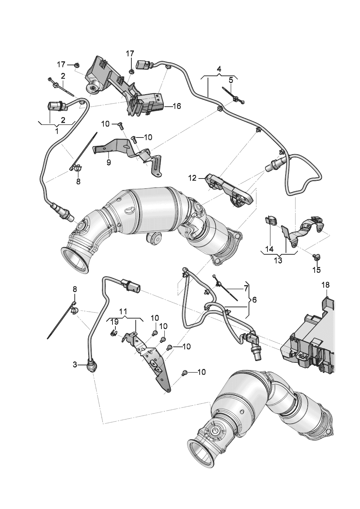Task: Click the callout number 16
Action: (176, 106)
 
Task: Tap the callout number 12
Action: (192, 178)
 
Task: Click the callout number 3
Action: (75, 365)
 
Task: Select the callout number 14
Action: (269, 249)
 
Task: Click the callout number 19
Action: (114, 322)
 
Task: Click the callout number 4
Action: (219, 69)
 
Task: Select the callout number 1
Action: (57, 131)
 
